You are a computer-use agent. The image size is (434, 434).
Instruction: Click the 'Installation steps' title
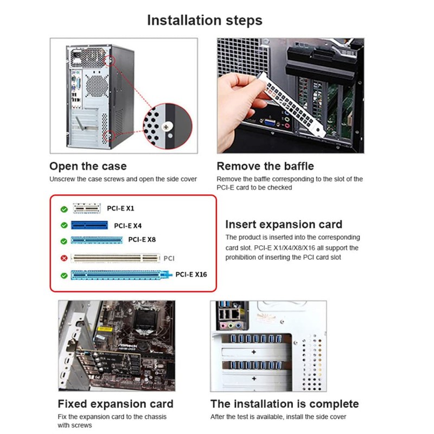(205, 21)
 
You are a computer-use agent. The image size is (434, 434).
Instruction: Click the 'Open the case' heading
(88, 166)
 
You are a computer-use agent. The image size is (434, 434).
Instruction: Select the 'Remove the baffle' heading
(265, 166)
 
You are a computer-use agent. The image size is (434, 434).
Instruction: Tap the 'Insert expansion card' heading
(284, 224)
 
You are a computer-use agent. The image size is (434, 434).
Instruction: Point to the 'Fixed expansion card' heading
(116, 404)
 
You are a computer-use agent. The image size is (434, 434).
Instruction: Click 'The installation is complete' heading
(285, 404)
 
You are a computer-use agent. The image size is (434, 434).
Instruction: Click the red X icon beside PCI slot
(64, 258)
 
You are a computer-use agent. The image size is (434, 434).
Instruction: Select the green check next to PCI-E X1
(64, 208)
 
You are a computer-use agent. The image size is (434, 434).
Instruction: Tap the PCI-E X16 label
(191, 275)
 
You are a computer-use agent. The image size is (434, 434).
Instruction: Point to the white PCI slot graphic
(116, 258)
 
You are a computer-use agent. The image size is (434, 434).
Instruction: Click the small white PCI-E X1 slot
(87, 208)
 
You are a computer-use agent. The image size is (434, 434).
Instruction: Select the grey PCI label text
(169, 259)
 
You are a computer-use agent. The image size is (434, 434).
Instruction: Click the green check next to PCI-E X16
(64, 276)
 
